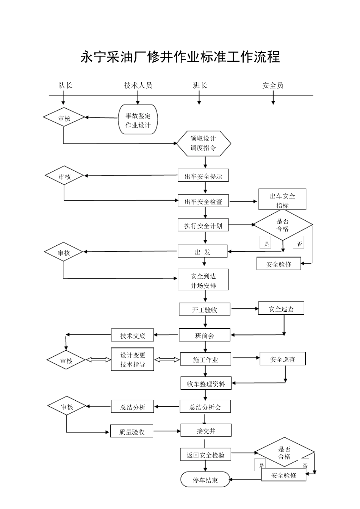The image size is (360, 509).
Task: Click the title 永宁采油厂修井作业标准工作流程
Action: point(180,57)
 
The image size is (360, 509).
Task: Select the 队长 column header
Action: point(65,86)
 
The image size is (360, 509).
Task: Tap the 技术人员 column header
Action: point(138,86)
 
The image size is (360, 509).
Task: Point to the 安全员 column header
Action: point(273,86)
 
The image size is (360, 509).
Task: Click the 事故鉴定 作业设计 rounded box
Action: point(138,120)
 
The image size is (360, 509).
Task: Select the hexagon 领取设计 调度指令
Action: point(204,144)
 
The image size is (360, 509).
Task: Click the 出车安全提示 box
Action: point(203,176)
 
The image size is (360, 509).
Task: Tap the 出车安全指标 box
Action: point(282,200)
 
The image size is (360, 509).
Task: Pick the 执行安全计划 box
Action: point(203,226)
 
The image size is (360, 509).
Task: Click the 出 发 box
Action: point(203,252)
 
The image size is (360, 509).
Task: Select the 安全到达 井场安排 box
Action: point(203,281)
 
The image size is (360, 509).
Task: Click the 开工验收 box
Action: point(205,309)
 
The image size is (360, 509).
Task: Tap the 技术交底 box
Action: point(133,335)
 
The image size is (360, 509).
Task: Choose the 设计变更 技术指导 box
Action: point(133,359)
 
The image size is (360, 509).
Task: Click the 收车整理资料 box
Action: point(206,384)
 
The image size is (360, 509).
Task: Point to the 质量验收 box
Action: point(132,431)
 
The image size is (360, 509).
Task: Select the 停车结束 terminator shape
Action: point(205,480)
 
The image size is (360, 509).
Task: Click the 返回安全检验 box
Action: point(205,455)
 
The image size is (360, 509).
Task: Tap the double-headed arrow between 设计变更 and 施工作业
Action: point(167,360)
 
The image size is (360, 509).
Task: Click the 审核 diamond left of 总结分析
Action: point(67,407)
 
